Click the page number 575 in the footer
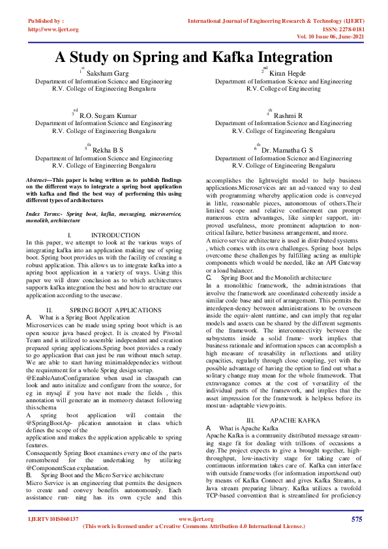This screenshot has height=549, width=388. pyautogui.click(x=356, y=519)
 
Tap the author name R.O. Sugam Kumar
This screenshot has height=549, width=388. pyautogui.click(x=109, y=115)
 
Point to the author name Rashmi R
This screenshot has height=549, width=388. pyautogui.click(x=288, y=115)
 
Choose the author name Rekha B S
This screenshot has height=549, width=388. pyautogui.click(x=108, y=151)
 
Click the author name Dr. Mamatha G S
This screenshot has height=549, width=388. pyautogui.click(x=288, y=151)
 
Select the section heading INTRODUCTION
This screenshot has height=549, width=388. pyautogui.click(x=115, y=235)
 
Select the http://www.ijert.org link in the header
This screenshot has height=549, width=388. pyautogui.click(x=53, y=29)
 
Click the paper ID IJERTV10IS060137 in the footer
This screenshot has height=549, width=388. pyautogui.click(x=53, y=519)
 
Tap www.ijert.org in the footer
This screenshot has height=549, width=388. pyautogui.click(x=196, y=519)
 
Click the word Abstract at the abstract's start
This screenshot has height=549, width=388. pyautogui.click(x=37, y=179)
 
